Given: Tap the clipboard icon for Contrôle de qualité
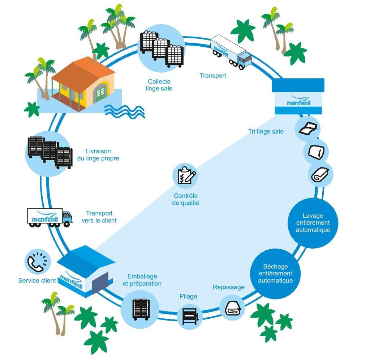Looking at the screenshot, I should [186, 175].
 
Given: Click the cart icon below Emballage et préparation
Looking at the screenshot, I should [140, 309].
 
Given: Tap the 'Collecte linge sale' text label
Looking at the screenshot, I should [159, 85].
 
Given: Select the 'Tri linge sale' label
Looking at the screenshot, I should [266, 131].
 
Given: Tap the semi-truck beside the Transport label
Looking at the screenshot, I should [231, 51].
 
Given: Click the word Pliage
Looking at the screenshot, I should [188, 296].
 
